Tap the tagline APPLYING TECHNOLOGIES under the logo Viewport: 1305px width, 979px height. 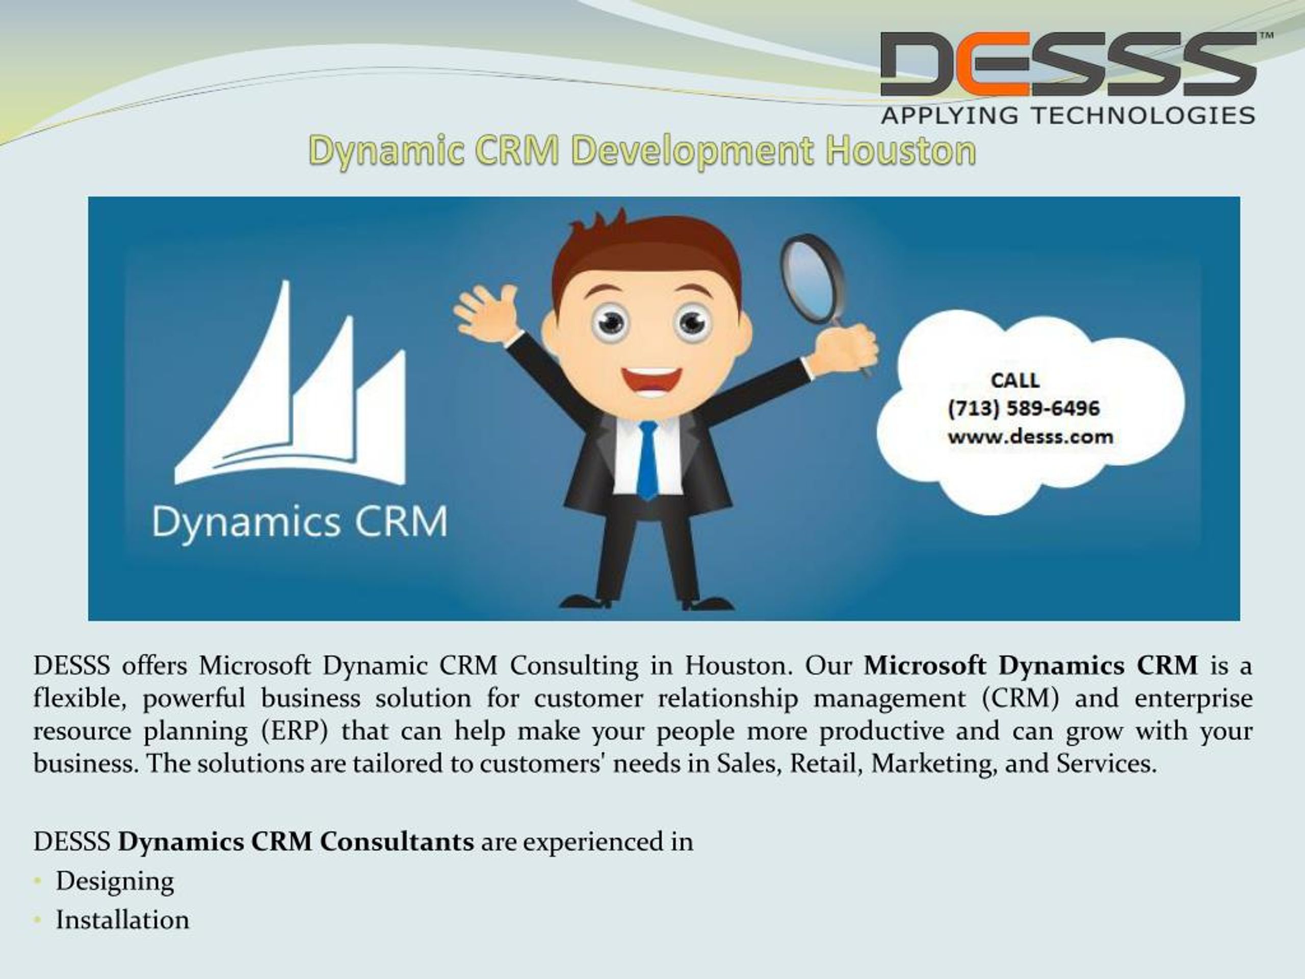(1068, 115)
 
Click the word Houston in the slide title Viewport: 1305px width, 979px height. (900, 151)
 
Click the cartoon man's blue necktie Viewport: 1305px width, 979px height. (647, 460)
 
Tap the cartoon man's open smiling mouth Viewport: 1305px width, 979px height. (651, 383)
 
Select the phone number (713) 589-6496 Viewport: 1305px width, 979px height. (1024, 408)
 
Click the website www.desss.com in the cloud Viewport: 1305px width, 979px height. (1030, 437)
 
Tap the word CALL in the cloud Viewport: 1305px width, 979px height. (1015, 380)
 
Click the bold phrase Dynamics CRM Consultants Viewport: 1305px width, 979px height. (296, 841)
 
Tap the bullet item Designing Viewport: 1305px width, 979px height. (115, 882)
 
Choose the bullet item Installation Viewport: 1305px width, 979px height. (123, 920)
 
